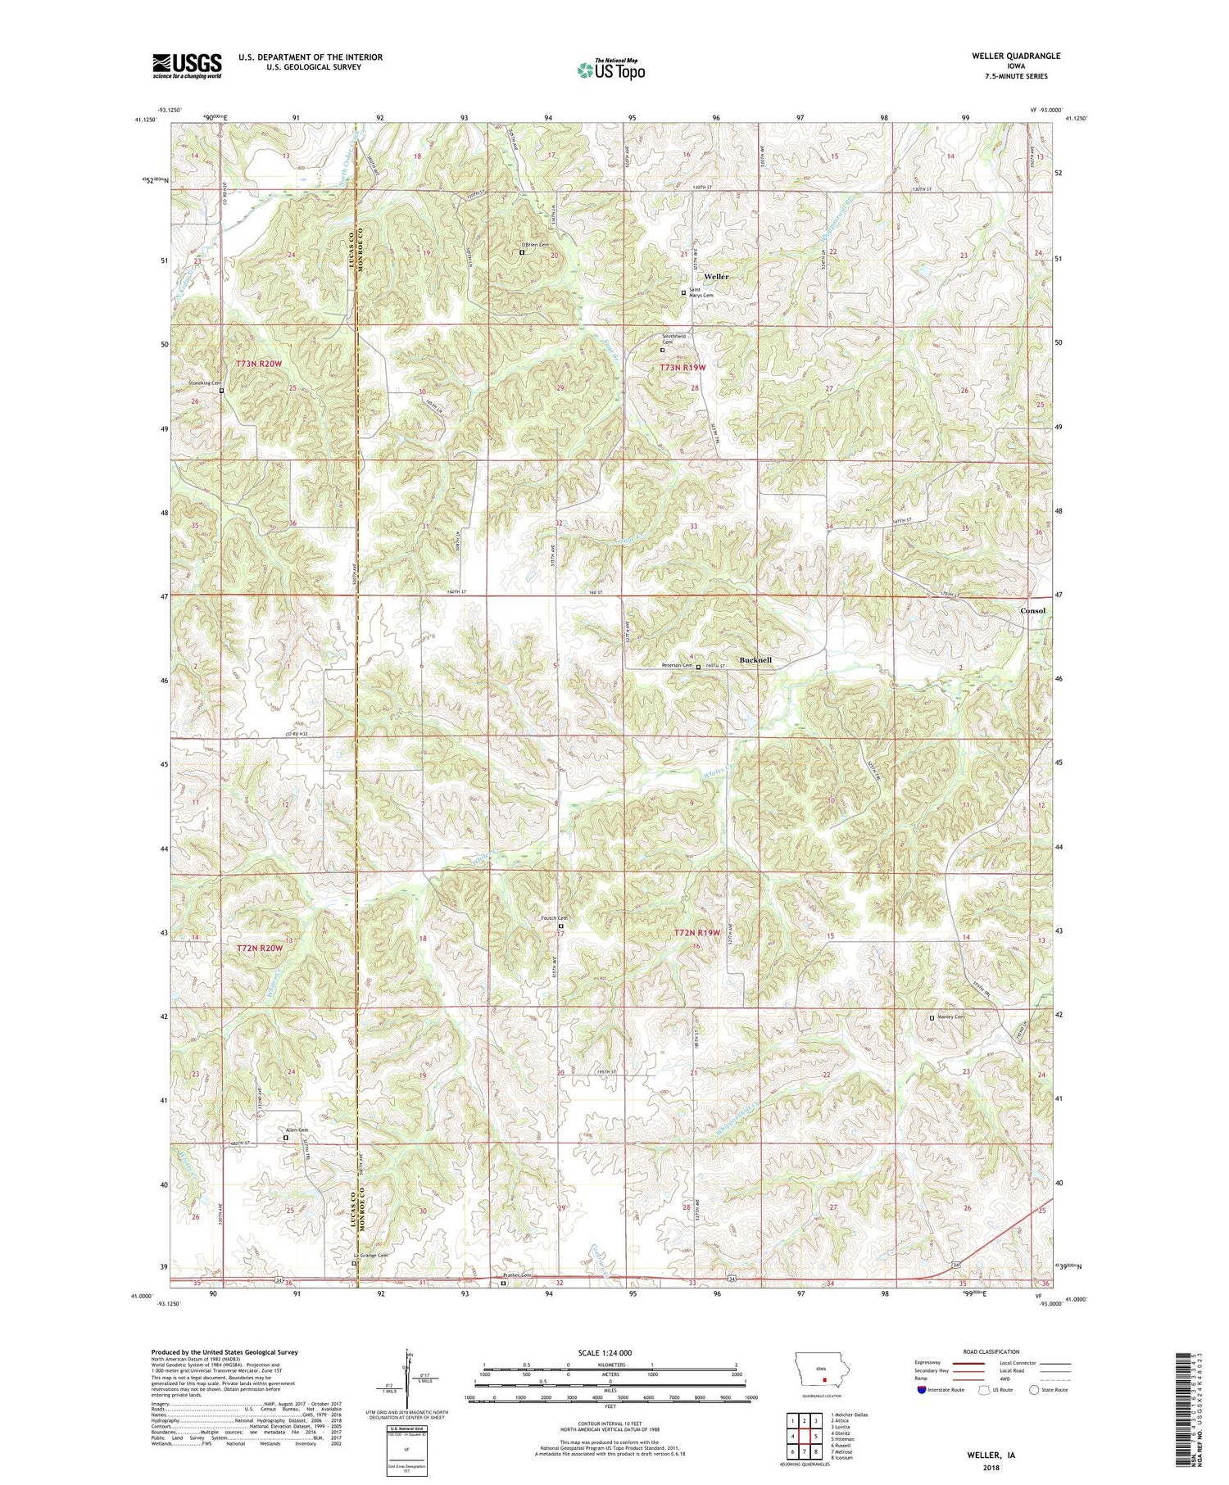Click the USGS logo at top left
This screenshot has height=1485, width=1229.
[187, 66]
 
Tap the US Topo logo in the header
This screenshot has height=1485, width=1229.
[610, 70]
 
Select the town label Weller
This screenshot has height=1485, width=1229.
[714, 277]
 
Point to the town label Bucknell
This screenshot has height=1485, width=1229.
[755, 659]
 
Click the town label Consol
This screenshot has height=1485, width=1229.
[1032, 611]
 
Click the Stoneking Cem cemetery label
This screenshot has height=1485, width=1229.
[205, 383]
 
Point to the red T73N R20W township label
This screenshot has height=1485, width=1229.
[258, 363]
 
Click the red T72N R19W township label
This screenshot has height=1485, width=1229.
[696, 933]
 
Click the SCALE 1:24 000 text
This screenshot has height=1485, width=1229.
[611, 1352]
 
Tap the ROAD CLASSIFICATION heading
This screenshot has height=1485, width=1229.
[991, 1351]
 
